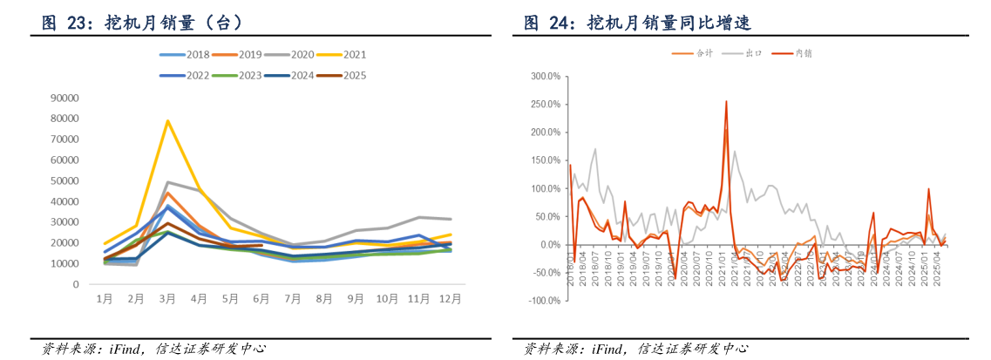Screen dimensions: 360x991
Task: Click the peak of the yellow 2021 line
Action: pos(167,121)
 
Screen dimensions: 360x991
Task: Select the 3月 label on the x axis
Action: pos(167,299)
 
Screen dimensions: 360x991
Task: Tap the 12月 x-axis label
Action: pos(450,299)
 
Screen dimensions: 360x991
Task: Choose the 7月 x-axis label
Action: pos(293,299)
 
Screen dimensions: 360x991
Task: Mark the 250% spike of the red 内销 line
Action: pos(726,102)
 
